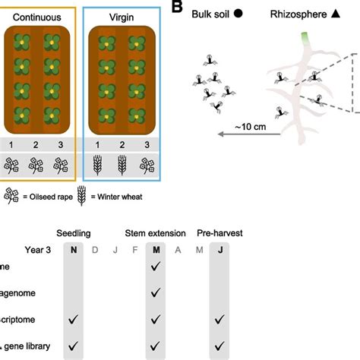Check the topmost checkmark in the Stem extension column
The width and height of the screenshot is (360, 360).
pyautogui.click(x=156, y=267)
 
